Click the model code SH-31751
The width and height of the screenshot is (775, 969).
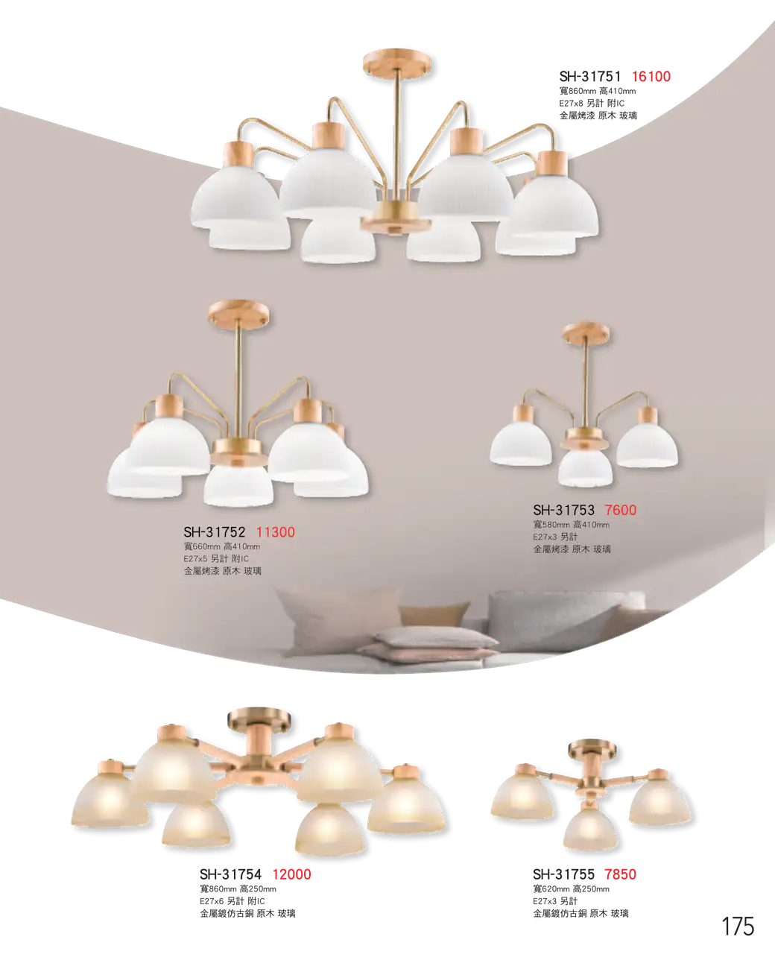coord(590,77)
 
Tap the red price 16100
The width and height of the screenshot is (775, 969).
coord(651,77)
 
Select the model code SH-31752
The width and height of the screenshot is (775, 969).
coord(215,531)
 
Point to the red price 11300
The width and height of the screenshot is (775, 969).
coord(276,531)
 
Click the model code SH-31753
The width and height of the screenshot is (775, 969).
coord(564,510)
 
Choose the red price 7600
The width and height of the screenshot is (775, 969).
coord(621,510)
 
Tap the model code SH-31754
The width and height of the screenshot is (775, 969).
coord(230,874)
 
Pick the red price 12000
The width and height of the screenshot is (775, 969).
coord(292,874)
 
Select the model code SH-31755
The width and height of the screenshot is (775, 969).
coord(564,874)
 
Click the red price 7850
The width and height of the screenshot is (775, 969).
coord(621,874)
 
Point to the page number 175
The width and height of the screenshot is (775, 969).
coord(738,927)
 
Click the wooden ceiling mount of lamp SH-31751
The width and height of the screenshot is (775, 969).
coord(396,60)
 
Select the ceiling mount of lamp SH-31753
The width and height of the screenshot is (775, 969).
coord(586,332)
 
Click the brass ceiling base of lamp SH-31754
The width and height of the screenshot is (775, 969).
coord(259,719)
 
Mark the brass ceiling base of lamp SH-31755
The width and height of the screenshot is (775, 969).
coord(592,748)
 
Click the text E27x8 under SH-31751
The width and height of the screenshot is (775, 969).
coord(571,103)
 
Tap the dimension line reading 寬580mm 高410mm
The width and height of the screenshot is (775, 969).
coord(571,525)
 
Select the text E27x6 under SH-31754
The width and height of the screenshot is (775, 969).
coord(212,901)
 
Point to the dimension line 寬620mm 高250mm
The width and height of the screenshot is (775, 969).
coord(571,888)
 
